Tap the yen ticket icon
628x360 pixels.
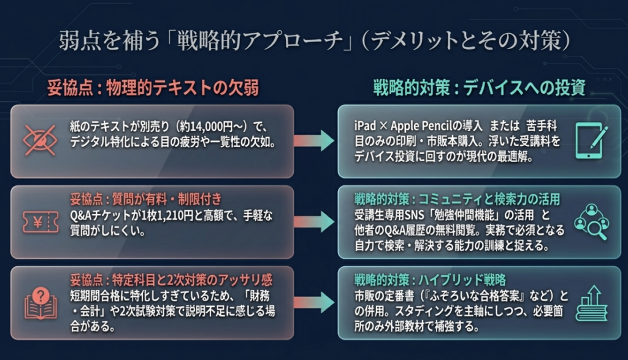coord(40,221)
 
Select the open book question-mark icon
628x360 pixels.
coord(40,303)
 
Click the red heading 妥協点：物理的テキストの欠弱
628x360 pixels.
coord(153,88)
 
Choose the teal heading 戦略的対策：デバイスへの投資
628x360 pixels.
coord(479,88)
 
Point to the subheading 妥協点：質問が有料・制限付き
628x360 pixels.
coord(146,200)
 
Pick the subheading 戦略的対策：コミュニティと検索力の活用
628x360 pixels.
coord(458,200)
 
